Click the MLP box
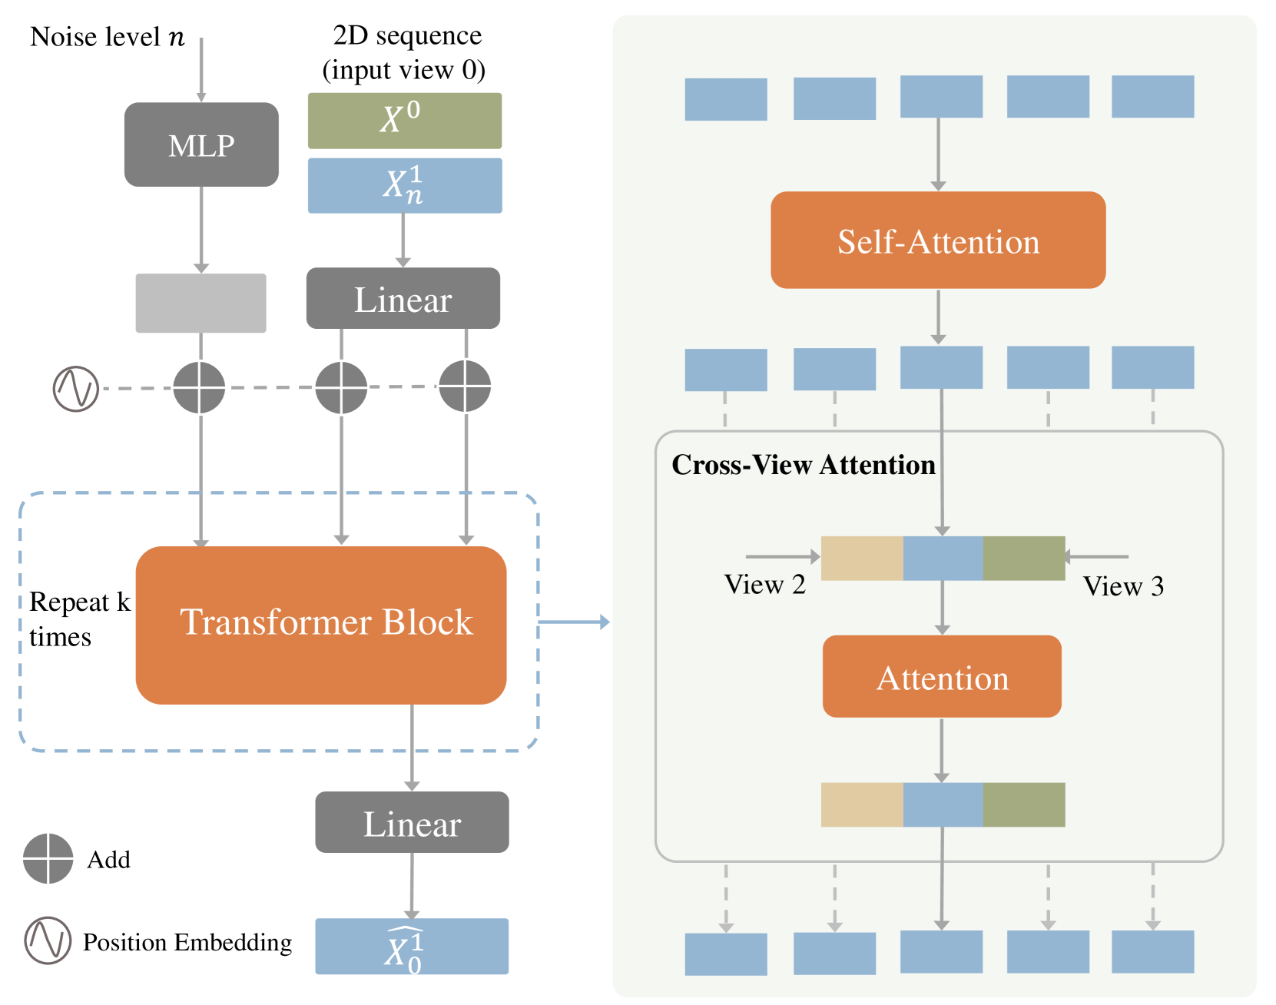(201, 144)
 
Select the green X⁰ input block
(404, 121)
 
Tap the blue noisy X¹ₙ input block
(404, 185)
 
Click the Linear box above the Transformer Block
(403, 299)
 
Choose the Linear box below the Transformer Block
(412, 822)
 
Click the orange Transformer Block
(321, 625)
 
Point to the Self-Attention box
(937, 240)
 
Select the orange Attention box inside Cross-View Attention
(942, 677)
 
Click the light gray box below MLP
(201, 303)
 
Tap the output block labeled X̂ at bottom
(412, 946)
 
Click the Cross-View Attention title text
(803, 465)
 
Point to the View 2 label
(764, 585)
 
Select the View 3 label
(1123, 586)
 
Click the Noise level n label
(107, 36)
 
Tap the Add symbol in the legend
(48, 858)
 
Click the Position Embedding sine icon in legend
(48, 940)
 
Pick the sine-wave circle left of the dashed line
(76, 388)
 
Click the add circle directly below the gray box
(199, 387)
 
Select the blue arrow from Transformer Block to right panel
(574, 622)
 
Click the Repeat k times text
(79, 619)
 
